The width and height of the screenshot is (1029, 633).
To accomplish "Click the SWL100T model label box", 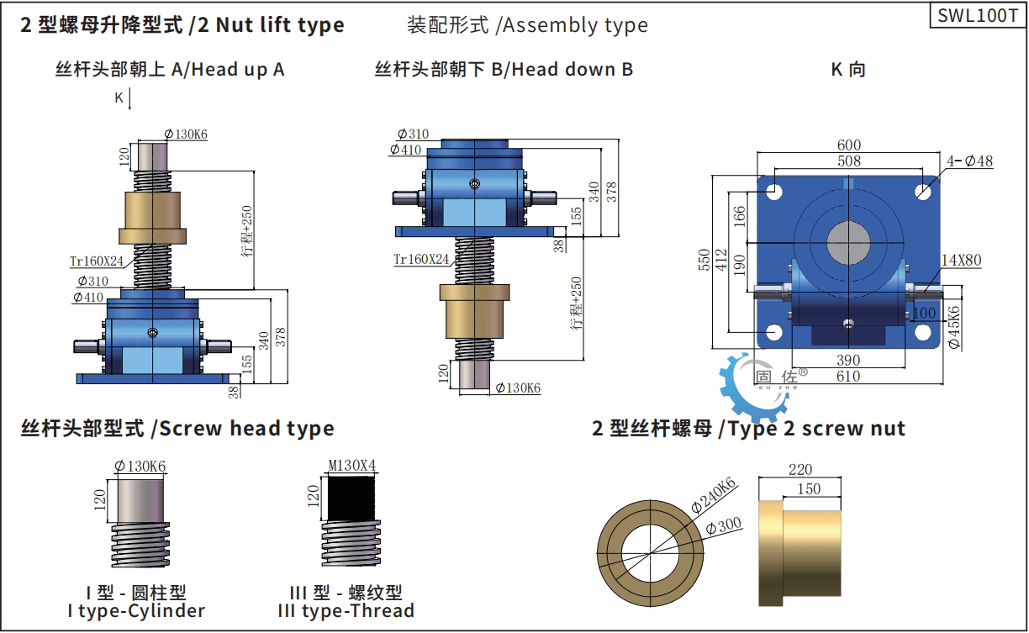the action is [x=978, y=16].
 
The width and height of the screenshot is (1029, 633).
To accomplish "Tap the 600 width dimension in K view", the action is [x=848, y=145].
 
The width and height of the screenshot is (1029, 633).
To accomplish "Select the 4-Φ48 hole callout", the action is [x=969, y=161].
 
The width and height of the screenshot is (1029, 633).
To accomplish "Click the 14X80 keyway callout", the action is [x=961, y=261].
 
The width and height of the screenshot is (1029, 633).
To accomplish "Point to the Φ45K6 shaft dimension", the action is [x=954, y=327].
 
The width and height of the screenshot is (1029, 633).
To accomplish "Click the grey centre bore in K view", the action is [x=848, y=243].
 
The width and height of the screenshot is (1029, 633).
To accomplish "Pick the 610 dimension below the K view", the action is [x=848, y=377].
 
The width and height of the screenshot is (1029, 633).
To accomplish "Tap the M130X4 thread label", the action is [x=352, y=466].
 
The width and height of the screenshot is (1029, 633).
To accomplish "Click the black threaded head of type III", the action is [x=351, y=498].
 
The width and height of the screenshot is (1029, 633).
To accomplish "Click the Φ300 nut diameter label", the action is [x=724, y=526].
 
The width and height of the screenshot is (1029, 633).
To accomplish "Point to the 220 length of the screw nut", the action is [x=800, y=469].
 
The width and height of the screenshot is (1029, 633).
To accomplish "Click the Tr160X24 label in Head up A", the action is [x=97, y=261].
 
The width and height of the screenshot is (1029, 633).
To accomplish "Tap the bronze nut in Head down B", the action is [x=474, y=311].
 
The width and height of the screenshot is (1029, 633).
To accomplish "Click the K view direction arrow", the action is [x=130, y=99].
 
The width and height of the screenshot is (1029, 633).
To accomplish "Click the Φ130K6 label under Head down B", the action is [x=518, y=388].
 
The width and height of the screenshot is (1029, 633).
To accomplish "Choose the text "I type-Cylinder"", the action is [x=136, y=611].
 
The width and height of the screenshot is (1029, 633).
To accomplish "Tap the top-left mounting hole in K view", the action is [x=774, y=192].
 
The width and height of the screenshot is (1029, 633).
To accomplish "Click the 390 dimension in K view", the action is [x=848, y=361].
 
